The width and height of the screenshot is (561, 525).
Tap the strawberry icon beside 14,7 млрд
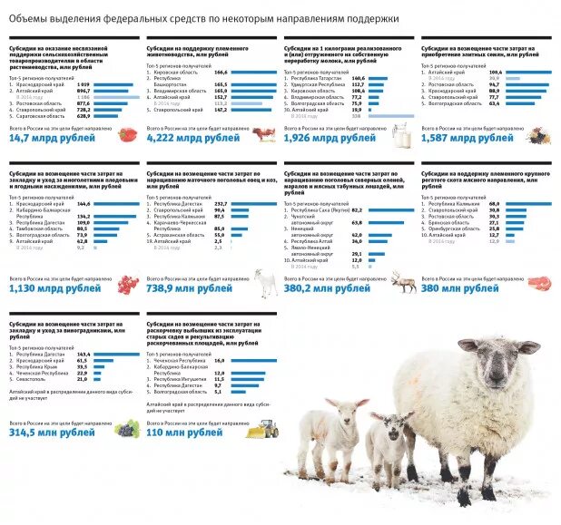(x=127, y=135)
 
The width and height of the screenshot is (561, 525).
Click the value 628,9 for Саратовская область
(x=83, y=116)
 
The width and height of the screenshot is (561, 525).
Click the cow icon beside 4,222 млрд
(x=265, y=135)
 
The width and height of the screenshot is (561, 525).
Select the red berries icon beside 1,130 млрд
(x=127, y=284)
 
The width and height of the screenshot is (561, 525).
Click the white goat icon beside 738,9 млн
(x=265, y=283)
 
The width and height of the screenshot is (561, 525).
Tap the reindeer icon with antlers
(x=402, y=281)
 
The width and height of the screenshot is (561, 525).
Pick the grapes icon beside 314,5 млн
(x=128, y=429)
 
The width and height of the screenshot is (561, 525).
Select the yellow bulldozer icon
(x=265, y=428)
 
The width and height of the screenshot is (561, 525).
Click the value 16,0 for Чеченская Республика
(x=220, y=361)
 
